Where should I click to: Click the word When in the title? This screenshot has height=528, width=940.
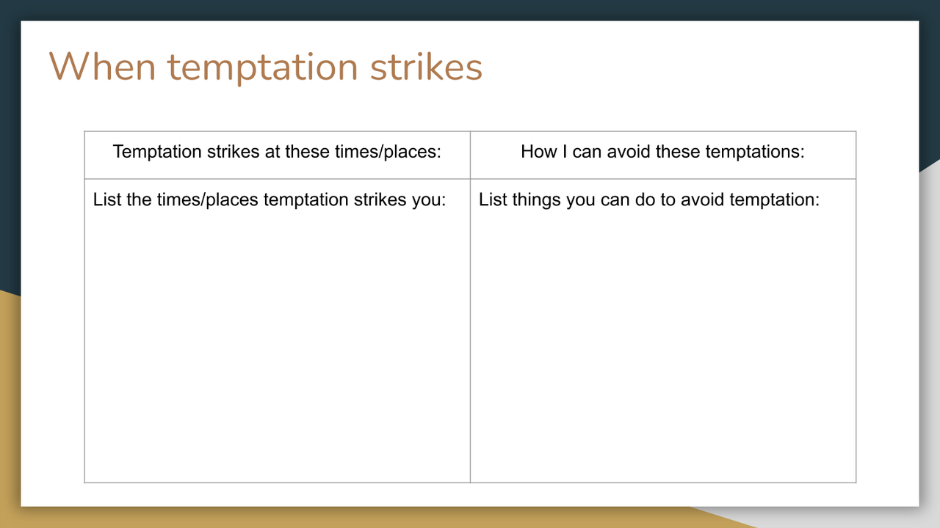(102, 67)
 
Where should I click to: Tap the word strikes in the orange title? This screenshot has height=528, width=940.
(426, 67)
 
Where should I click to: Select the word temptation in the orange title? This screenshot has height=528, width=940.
(263, 68)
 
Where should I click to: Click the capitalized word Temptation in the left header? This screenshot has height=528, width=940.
(157, 151)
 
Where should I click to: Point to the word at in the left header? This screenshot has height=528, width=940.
(272, 152)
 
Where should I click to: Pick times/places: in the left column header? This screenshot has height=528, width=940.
(388, 152)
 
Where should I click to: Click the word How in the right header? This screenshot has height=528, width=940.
(539, 151)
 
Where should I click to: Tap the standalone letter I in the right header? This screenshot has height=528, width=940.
(565, 151)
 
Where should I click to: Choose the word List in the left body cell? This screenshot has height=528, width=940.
(107, 199)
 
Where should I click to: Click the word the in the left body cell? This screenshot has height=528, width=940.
(139, 199)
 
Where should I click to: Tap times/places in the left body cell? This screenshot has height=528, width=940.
(207, 200)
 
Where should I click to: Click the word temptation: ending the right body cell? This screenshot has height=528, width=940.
(771, 200)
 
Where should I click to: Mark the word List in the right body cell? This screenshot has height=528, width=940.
(493, 199)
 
